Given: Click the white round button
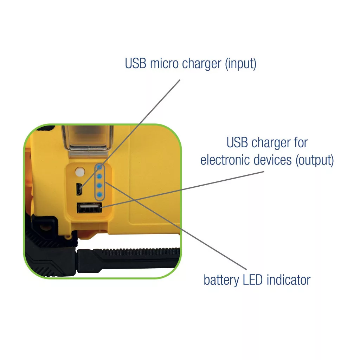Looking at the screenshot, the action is [80, 172].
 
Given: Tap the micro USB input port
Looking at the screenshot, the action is [79, 189].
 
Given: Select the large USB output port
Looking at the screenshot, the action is [89, 208].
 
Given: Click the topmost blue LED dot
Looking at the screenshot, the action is [99, 167].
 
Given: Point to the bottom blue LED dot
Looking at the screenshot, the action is [99, 195].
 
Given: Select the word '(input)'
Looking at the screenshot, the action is [240, 64].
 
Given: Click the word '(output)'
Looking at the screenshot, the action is [315, 160].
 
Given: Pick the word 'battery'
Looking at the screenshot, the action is [221, 281].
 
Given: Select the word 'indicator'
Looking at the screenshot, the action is [289, 280].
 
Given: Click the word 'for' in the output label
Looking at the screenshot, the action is [301, 143].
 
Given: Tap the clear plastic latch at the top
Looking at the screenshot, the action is [88, 138].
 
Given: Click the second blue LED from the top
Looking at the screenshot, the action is [99, 176].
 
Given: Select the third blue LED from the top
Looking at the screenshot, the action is [99, 186].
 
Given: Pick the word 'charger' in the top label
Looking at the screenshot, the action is [201, 64].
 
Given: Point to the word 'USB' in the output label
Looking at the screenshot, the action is [237, 143].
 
